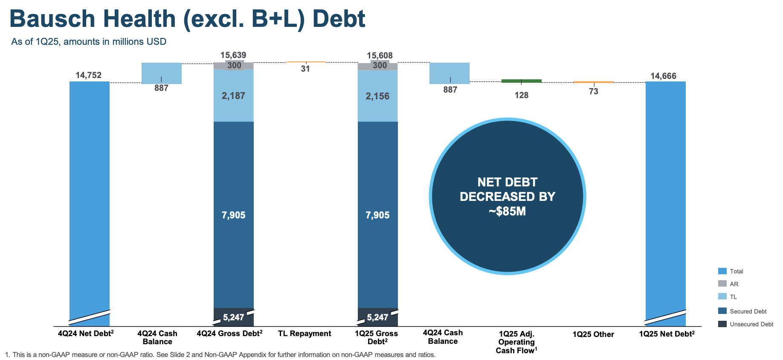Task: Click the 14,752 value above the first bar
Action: pos(89,75)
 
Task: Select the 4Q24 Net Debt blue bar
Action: pos(90,192)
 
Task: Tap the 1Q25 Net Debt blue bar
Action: pos(665,192)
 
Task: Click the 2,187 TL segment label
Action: pos(233,96)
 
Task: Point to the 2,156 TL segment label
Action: pos(377,96)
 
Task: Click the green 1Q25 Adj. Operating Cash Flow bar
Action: pos(521,81)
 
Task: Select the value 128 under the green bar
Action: pos(521,95)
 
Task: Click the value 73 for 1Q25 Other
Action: pos(593,91)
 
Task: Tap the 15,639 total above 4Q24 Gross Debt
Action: pos(233,55)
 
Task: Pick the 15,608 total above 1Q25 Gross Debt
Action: pos(380,55)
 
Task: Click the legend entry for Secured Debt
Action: pos(748,311)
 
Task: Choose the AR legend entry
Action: pos(734,284)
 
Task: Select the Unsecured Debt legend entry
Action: pos(751,324)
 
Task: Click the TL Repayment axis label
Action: pos(304,334)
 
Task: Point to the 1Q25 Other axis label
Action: pos(593,334)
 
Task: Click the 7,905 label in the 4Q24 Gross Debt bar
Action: pos(233,215)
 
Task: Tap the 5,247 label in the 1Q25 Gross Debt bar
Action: pos(377,317)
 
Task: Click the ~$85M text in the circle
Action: pos(507,211)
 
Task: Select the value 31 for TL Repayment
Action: pos(305,69)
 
